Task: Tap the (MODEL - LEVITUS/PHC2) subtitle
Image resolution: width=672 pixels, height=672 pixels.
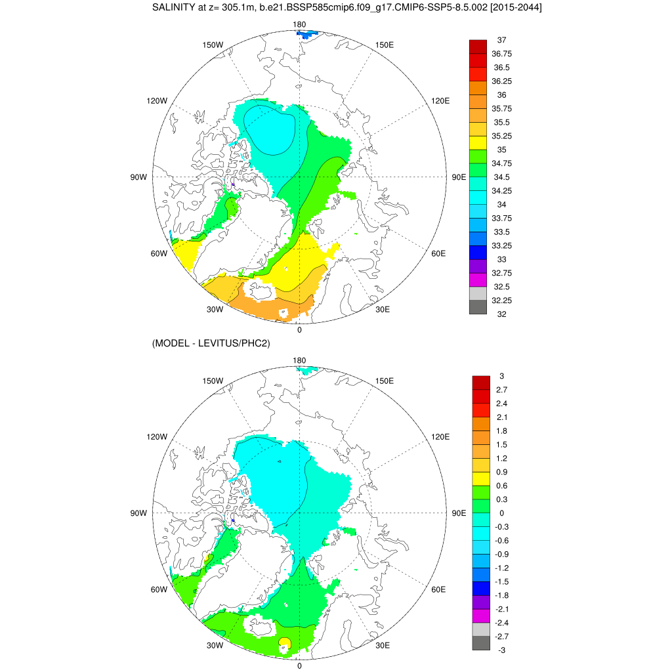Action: tap(211, 343)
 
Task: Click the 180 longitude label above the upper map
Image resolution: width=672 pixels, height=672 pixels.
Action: tap(299, 25)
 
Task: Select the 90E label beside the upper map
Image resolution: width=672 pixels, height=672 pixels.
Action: tap(458, 177)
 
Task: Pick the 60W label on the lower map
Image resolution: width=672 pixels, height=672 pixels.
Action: tap(159, 589)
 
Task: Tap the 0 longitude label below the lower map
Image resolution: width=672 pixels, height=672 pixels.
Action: tap(299, 665)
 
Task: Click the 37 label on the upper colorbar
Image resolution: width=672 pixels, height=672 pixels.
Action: tap(501, 40)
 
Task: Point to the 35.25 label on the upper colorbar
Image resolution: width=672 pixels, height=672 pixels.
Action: tap(502, 136)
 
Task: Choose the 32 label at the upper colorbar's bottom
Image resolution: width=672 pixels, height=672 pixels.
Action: tap(501, 314)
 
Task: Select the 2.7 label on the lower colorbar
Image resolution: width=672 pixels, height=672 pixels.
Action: tap(501, 390)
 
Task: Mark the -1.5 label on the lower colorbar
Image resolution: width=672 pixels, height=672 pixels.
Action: tap(501, 581)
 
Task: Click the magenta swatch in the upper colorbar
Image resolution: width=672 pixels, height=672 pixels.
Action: tap(478, 280)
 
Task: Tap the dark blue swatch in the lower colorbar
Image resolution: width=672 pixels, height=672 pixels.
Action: tap(481, 589)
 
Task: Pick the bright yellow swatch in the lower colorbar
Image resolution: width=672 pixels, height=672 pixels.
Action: tap(481, 479)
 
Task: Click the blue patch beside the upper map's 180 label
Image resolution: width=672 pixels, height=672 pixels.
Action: tap(304, 35)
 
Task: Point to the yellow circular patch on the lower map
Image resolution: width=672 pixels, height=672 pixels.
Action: tap(285, 642)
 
